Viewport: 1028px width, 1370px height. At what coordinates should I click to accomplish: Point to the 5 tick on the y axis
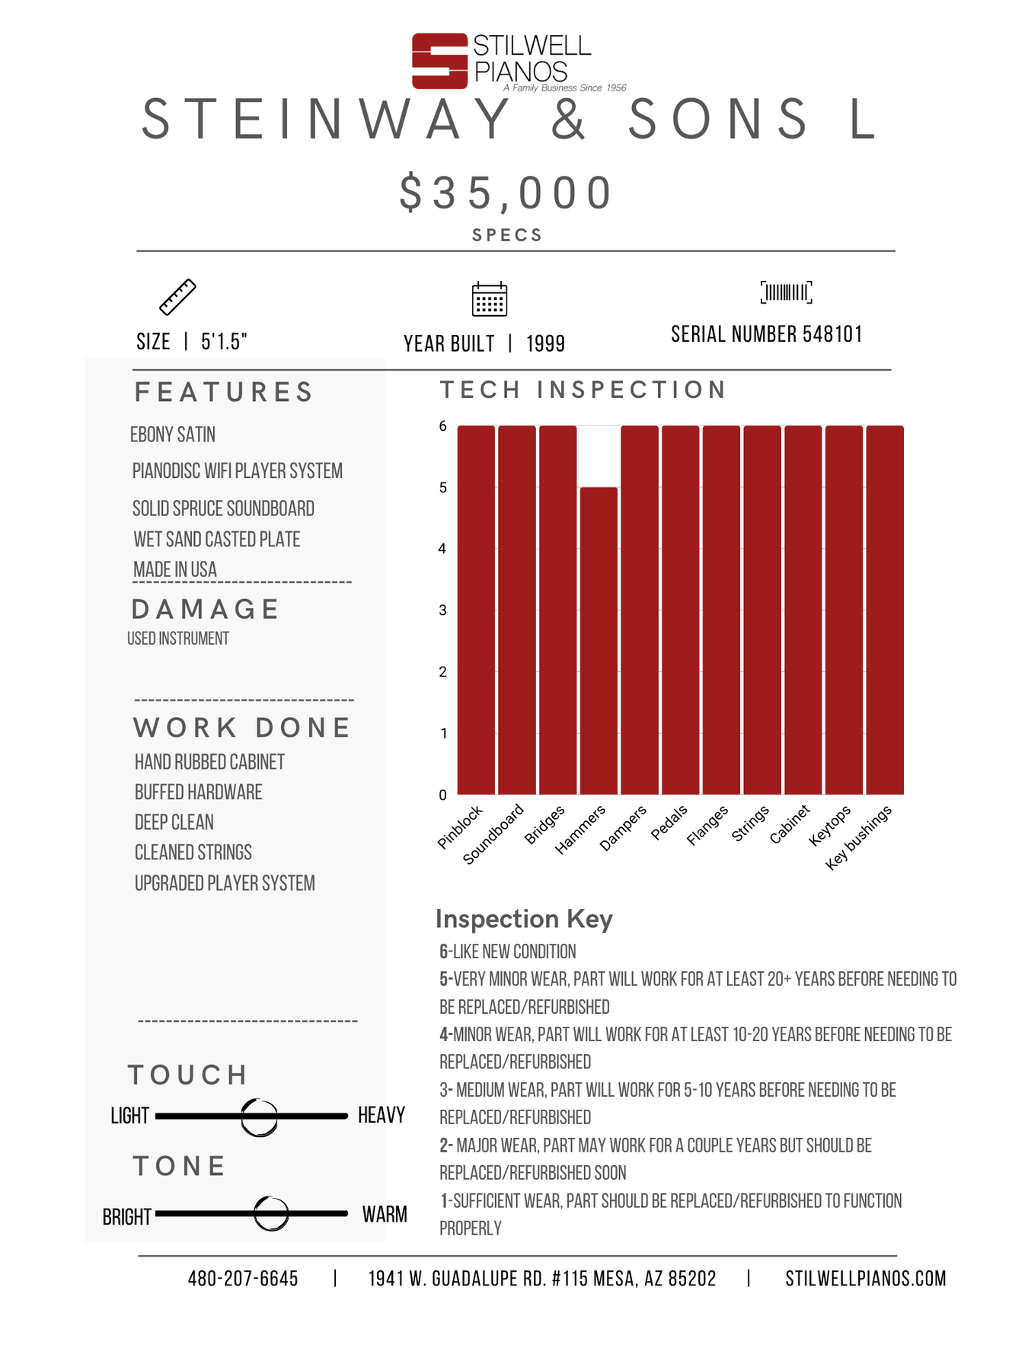point(443,487)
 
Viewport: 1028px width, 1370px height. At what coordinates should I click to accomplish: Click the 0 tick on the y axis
point(443,795)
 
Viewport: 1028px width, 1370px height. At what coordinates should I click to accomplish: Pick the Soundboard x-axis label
point(493,834)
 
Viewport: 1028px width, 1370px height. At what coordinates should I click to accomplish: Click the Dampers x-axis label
point(623,828)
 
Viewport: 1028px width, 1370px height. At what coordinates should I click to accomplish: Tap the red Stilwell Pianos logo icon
point(439,61)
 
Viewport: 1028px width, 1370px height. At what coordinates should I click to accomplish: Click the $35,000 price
point(506,193)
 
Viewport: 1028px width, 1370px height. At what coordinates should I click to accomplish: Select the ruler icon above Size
point(177,297)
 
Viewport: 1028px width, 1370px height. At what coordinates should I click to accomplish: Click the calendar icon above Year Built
point(490,298)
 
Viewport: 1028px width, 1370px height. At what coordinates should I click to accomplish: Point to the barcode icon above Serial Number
point(786,292)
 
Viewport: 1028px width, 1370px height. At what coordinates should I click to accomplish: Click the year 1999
point(545,344)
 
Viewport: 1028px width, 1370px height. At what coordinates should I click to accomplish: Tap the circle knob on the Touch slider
point(260,1117)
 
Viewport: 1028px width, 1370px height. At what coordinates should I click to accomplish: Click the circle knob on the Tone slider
point(271,1213)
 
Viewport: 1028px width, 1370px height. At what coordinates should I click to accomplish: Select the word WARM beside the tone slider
point(385,1214)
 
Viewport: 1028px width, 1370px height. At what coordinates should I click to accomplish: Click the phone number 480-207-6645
point(243,1279)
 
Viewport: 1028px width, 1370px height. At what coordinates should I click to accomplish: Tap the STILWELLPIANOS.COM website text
point(866,1279)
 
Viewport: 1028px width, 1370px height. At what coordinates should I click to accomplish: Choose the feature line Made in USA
point(175,569)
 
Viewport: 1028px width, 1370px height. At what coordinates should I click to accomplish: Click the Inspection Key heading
point(524,919)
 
